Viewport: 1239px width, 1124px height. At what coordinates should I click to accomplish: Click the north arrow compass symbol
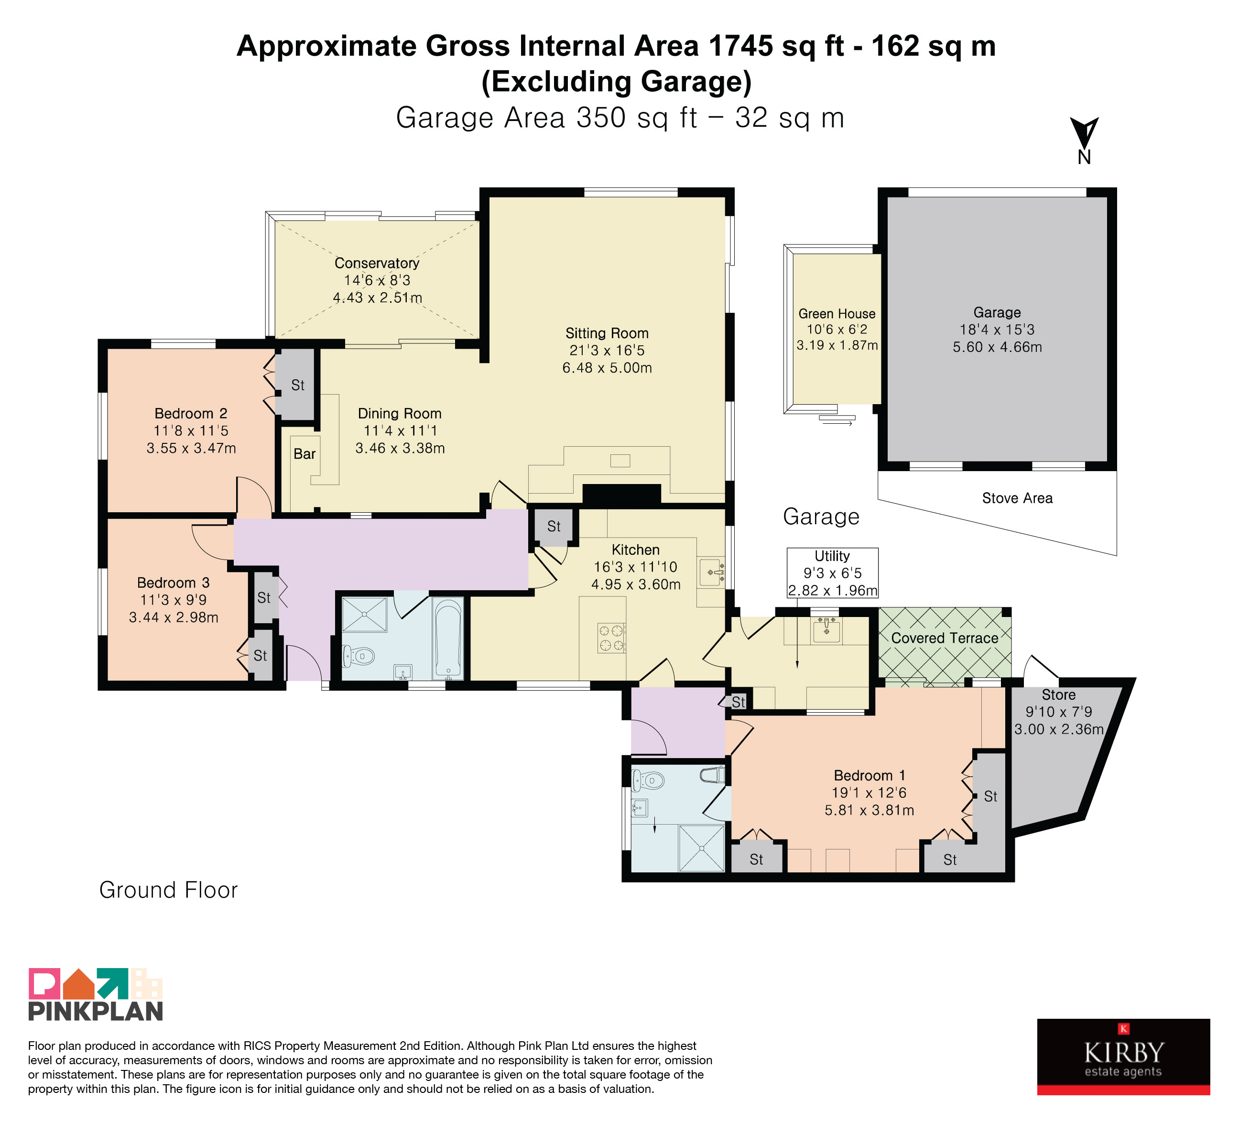click(1084, 141)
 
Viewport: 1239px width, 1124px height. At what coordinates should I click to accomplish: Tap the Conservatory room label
click(377, 263)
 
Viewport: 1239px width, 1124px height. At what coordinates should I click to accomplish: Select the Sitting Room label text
click(607, 333)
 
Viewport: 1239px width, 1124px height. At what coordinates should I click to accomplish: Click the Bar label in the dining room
click(304, 454)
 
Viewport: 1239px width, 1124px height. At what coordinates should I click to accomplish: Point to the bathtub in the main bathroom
click(448, 638)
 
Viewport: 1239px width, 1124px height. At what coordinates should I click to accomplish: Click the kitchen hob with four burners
click(611, 638)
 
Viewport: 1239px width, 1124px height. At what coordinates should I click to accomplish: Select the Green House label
click(837, 314)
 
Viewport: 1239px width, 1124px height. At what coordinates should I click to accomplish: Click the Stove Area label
click(1017, 498)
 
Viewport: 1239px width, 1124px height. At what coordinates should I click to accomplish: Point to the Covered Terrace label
click(945, 638)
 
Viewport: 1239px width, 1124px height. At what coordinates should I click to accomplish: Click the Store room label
click(1058, 695)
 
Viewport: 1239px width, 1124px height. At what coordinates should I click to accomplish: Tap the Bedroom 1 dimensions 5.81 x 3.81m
click(869, 810)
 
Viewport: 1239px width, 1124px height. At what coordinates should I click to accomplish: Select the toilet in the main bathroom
click(359, 656)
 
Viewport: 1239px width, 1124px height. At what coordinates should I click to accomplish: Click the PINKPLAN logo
click(96, 994)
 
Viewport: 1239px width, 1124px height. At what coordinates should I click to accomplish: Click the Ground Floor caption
click(168, 890)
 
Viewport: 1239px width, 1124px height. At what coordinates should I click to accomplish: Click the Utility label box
click(832, 573)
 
